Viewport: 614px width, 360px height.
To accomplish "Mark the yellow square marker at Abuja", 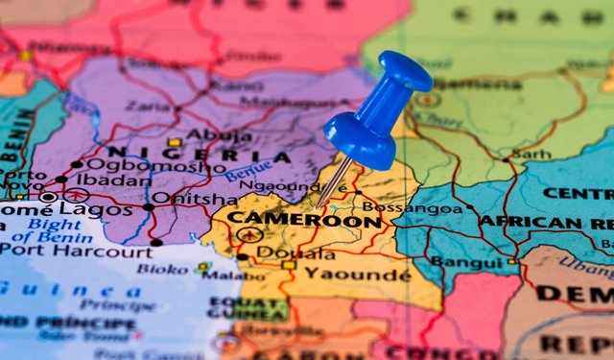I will [175, 142].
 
